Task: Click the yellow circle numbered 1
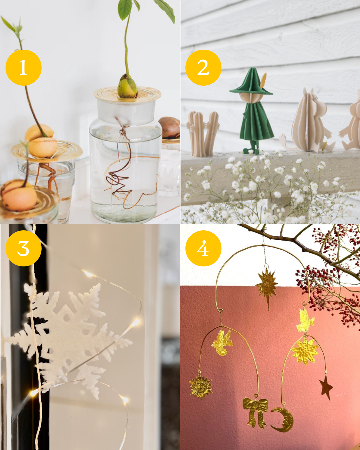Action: click(23, 68)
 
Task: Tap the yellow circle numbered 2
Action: click(203, 68)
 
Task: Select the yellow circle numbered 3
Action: click(23, 248)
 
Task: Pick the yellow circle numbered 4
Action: click(203, 248)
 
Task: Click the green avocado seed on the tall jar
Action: click(127, 87)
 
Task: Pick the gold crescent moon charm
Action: click(283, 420)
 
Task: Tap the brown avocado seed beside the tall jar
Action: click(169, 127)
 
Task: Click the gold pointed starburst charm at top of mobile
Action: click(267, 287)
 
